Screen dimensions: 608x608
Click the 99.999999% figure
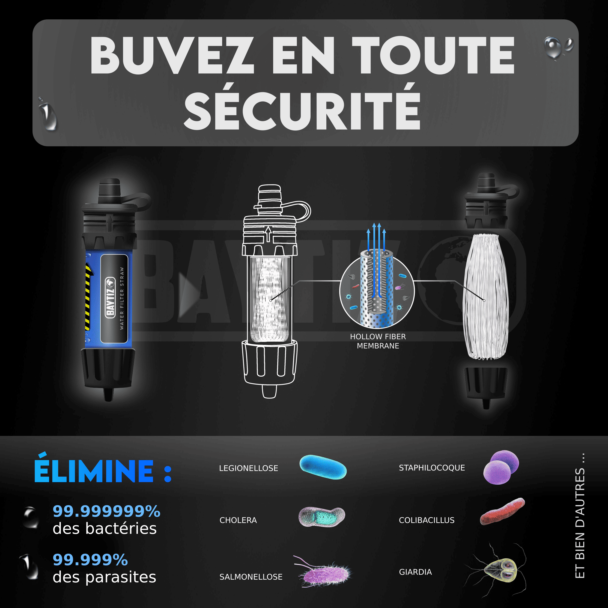106,511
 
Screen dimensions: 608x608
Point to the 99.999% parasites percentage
90,559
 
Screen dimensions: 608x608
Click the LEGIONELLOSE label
249,468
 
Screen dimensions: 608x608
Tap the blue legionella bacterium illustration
323,467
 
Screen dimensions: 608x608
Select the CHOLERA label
238,520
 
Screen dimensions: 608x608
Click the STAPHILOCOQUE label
432,468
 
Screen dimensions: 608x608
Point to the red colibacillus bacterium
502,512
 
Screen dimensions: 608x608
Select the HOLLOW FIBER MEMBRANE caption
378,341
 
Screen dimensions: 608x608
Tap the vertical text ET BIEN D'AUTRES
580,516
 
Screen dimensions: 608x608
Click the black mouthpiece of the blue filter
110,191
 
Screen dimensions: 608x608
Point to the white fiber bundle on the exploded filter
485,296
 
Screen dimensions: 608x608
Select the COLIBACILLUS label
427,520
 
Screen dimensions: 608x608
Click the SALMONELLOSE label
251,577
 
